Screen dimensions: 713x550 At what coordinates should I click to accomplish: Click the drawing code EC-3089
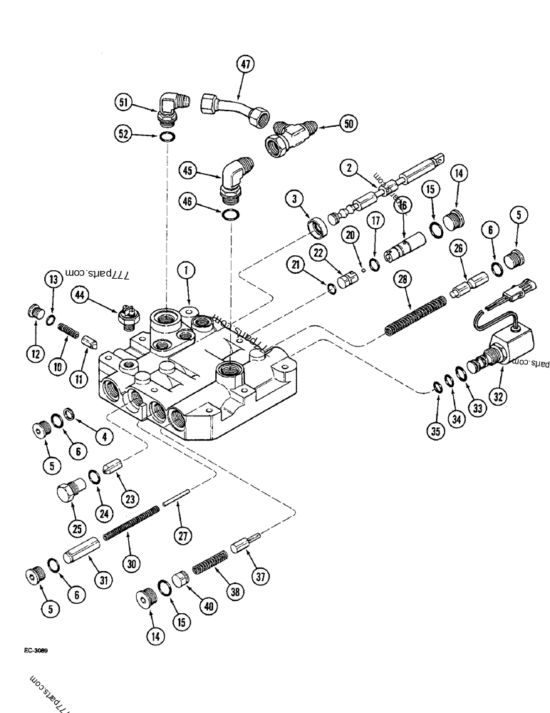pos(45,650)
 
